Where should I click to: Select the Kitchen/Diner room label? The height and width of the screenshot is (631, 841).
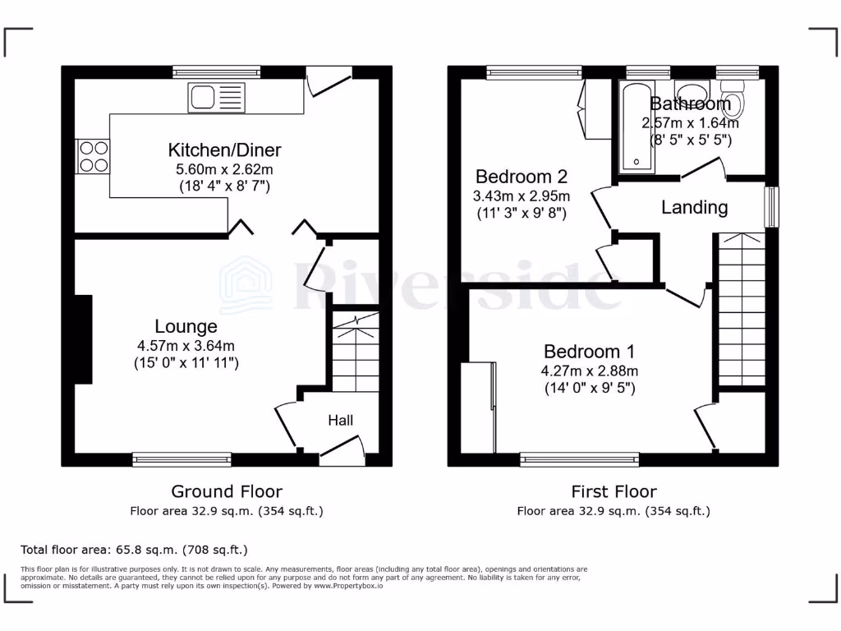224,150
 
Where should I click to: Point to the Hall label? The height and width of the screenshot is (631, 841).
341,421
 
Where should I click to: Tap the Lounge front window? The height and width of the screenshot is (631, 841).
182,460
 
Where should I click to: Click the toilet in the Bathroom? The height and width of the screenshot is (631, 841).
736,103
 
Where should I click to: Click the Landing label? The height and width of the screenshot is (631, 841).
695,207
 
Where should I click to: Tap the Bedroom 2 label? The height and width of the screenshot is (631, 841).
522,177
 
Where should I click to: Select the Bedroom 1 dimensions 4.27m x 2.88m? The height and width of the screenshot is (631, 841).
590,371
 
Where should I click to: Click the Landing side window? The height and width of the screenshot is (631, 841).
771,207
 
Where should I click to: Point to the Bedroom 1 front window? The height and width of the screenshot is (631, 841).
580,460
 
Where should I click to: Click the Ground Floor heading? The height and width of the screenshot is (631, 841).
227,491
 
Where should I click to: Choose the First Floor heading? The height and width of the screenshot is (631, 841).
614,491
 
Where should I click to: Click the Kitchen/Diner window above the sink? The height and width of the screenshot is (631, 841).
217,72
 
